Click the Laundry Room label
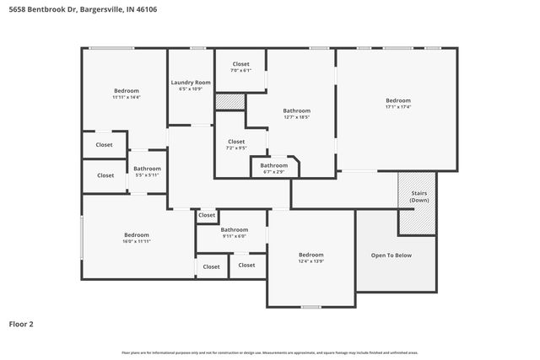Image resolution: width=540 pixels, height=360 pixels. tap(190, 83)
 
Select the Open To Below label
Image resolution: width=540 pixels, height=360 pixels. tap(391, 255)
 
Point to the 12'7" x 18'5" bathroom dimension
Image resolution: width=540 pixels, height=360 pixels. tap(296, 117)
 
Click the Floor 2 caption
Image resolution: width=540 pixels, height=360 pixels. tap(21, 324)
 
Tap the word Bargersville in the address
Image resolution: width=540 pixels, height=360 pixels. tap(99, 9)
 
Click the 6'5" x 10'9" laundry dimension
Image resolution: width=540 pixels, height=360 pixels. tap(190, 89)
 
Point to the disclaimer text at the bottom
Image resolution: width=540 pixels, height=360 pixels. tap(269, 352)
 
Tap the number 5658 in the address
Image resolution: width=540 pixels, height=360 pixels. tap(18, 9)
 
